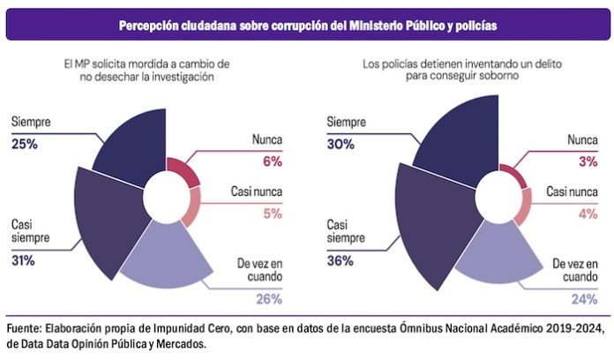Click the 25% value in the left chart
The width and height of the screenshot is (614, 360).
coord(24,143)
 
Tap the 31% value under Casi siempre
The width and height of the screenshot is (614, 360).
coord(24,260)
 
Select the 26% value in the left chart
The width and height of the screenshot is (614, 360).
coord(269,298)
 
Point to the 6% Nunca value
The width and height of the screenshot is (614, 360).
coord(272,161)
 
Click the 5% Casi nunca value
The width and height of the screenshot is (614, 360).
coord(272,213)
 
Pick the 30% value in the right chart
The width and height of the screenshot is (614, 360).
coord(340,143)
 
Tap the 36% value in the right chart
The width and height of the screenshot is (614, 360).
coord(340,260)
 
